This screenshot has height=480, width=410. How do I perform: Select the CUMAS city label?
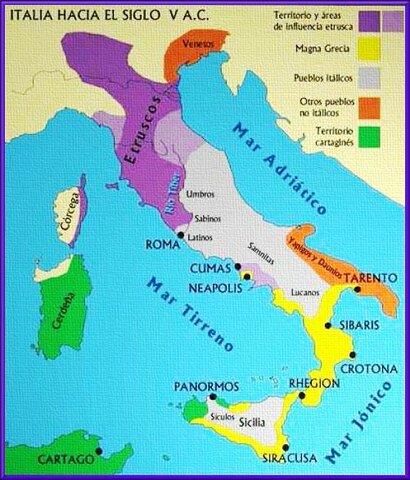[212, 269]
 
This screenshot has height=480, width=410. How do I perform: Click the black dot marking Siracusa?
[287, 448]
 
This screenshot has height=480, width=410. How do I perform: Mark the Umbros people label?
[200, 191]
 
